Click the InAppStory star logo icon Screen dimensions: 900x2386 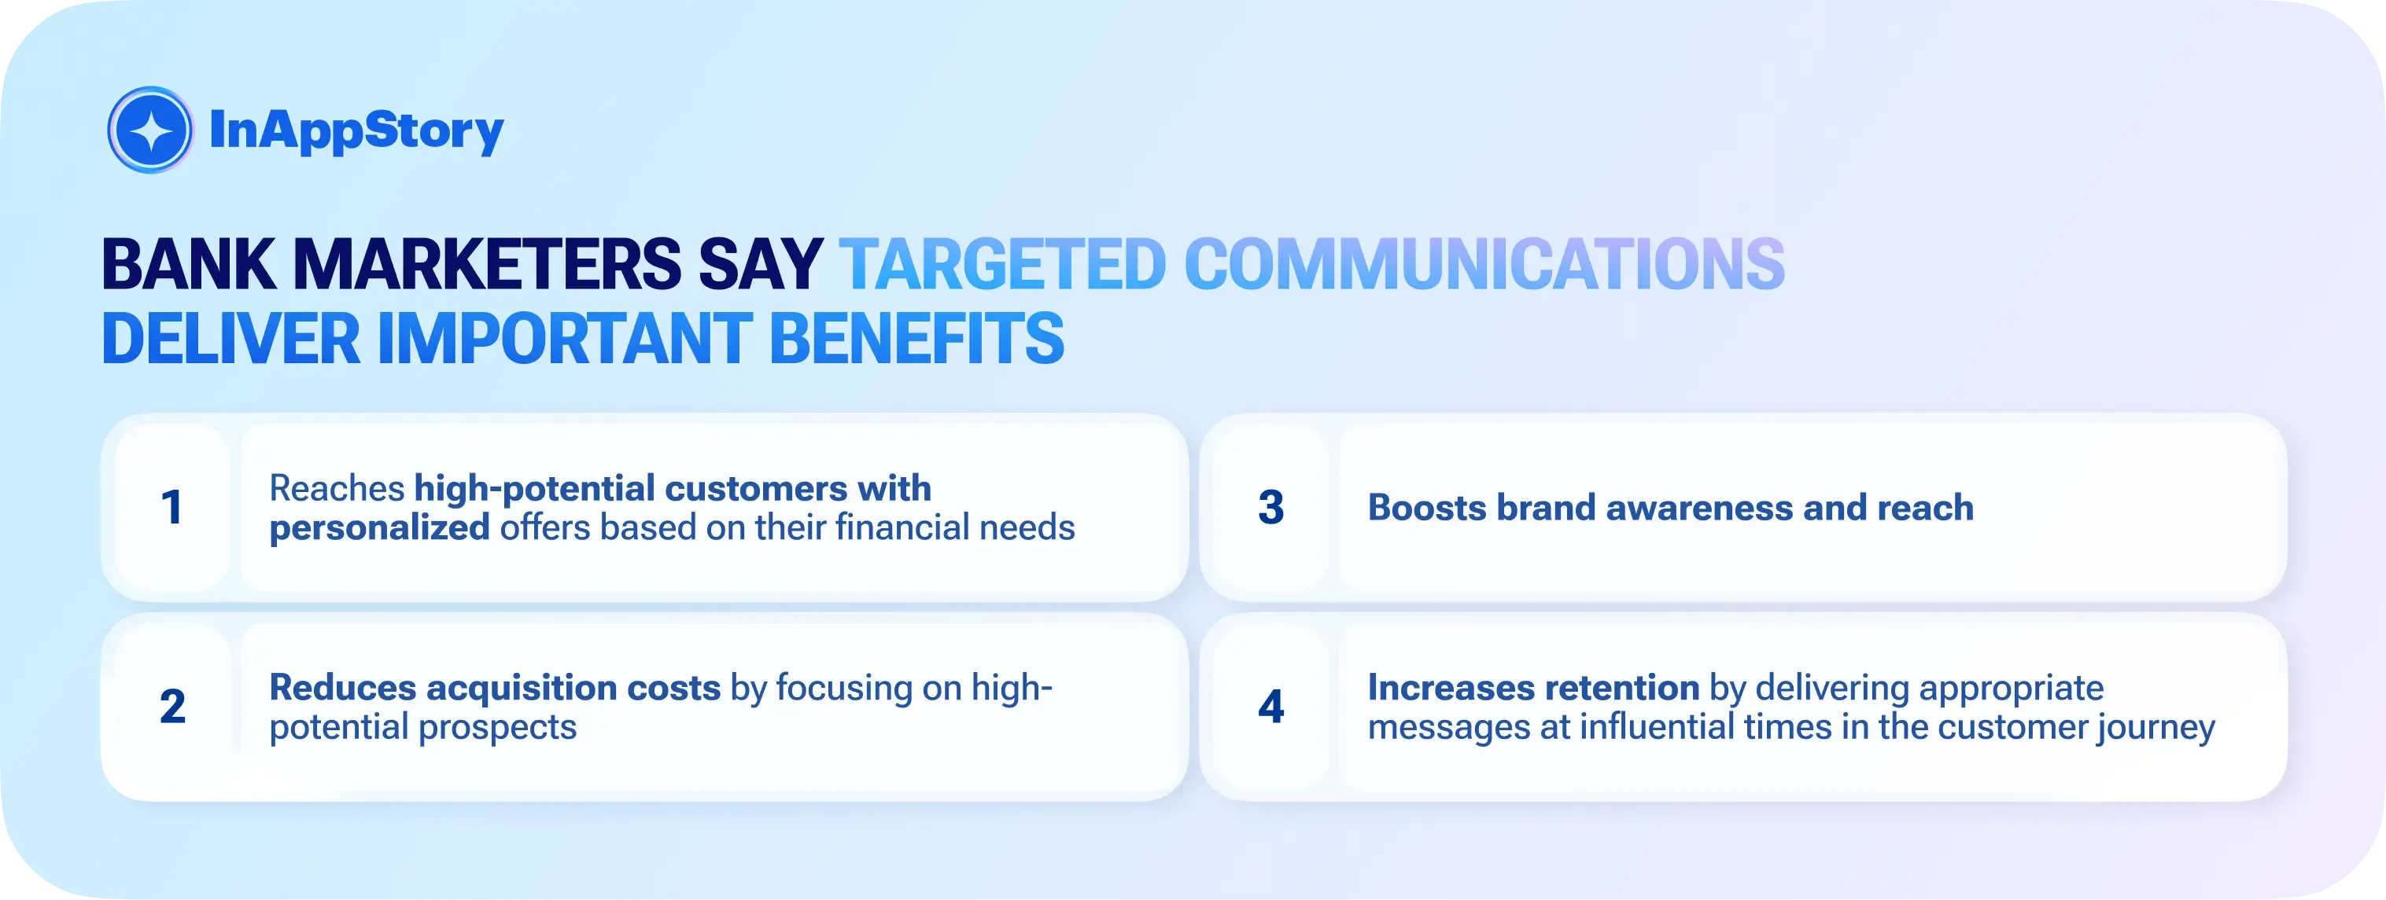pyautogui.click(x=150, y=130)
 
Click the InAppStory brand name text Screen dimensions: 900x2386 pyautogui.click(x=356, y=130)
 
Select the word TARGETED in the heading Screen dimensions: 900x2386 pyautogui.click(x=1002, y=266)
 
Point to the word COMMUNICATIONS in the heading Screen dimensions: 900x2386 pyautogui.click(x=1484, y=266)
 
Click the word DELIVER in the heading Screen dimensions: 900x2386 pyautogui.click(x=230, y=339)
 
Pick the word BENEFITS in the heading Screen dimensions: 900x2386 pyautogui.click(x=917, y=339)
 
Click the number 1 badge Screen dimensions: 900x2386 pyautogui.click(x=172, y=508)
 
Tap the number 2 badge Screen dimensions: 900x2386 pyautogui.click(x=172, y=707)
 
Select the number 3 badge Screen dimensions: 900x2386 pyautogui.click(x=1270, y=508)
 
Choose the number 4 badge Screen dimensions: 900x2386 pyautogui.click(x=1270, y=707)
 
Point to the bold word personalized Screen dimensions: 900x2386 pyautogui.click(x=379, y=527)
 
